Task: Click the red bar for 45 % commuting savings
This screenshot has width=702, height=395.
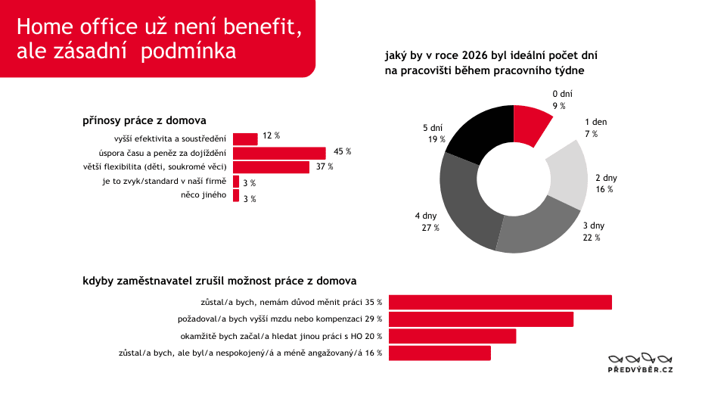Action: tap(279, 153)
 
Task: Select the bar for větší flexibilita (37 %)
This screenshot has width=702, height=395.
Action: tap(271, 167)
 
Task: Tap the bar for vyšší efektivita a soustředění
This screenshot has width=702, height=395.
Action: tap(245, 138)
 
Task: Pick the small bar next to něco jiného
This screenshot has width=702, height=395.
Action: tap(236, 196)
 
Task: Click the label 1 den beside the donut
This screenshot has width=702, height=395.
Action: tap(595, 122)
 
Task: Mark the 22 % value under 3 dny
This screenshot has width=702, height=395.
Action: tap(592, 238)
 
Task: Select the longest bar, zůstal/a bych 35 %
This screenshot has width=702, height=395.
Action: tap(500, 303)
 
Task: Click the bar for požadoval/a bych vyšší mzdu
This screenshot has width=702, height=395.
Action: tap(481, 319)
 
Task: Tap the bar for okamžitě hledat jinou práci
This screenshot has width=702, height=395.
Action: tap(452, 336)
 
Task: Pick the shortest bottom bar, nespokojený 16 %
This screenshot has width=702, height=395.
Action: tap(440, 353)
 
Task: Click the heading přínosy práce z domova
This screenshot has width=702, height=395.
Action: tap(144, 120)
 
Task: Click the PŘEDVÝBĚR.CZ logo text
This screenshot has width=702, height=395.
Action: tap(641, 369)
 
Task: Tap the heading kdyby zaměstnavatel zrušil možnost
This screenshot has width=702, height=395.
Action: tap(219, 281)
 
